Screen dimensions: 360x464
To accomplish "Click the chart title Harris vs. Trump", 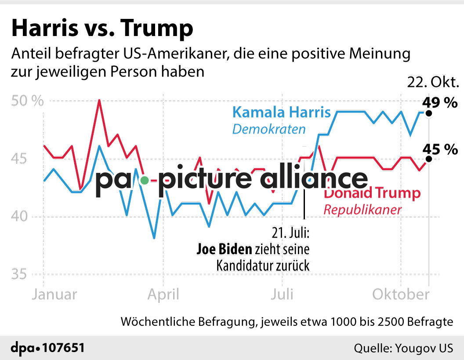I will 102,29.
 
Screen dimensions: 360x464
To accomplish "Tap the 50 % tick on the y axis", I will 27,101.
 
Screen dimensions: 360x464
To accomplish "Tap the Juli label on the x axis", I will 282,294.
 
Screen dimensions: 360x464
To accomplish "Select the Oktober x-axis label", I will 400,294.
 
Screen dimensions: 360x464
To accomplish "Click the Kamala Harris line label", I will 281,112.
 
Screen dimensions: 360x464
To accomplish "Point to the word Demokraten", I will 268,129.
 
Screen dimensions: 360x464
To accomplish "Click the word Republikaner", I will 362,210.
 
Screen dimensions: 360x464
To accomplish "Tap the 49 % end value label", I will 439,103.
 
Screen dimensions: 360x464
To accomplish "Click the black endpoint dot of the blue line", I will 429,113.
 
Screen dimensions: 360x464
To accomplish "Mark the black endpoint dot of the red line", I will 429,159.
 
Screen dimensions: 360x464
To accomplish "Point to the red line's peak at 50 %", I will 99,101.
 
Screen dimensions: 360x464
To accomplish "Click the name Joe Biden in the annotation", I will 224,250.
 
